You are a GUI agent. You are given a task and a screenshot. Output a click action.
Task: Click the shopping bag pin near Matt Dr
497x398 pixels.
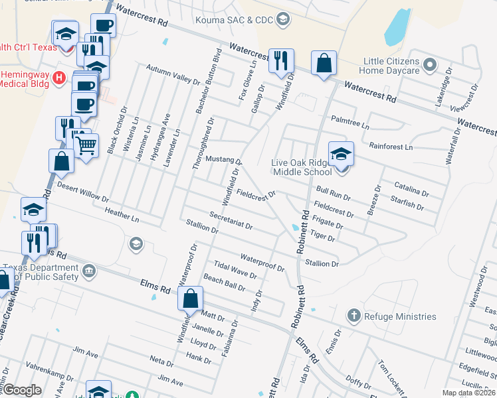(190, 299)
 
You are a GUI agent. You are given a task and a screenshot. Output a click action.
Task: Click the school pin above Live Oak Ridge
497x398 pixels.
(341, 155)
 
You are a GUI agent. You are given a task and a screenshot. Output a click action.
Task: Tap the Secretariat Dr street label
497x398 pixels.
(231, 221)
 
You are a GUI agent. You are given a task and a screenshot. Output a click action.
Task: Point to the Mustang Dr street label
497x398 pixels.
(223, 161)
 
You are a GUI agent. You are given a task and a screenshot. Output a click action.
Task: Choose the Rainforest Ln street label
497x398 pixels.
(391, 146)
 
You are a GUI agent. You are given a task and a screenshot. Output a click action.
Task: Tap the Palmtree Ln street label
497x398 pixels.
(349, 123)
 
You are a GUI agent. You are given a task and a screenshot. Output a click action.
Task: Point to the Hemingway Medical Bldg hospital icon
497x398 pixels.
(59, 78)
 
